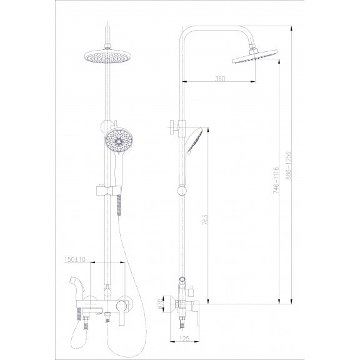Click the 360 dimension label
tap(220, 79)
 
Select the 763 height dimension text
tap(205, 220)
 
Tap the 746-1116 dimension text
tap(276, 180)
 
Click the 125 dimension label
tap(184, 339)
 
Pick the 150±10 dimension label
tap(74, 259)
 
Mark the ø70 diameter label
tap(161, 304)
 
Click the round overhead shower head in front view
tap(107, 56)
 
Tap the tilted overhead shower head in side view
tap(255, 56)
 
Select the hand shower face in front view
tap(119, 141)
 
